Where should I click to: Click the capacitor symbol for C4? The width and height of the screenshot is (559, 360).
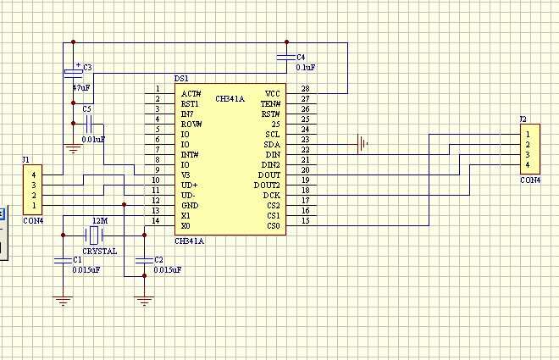286,57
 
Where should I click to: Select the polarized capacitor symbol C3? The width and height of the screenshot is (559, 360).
74,72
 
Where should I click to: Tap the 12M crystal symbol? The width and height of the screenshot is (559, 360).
94,235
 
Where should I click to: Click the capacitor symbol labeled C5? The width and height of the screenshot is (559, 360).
88,124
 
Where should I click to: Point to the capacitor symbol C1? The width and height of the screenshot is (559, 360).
64,261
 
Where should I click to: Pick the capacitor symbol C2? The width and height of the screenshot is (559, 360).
144,261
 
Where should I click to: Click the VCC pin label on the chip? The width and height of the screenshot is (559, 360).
273,94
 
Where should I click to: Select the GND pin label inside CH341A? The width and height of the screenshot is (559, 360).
190,206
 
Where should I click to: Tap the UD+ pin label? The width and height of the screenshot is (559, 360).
190,186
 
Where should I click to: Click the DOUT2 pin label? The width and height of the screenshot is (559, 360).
267,186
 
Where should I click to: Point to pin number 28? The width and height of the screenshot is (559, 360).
305,88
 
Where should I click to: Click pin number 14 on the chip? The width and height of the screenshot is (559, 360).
156,220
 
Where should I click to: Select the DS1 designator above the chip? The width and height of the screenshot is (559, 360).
181,79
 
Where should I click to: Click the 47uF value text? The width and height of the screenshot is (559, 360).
81,87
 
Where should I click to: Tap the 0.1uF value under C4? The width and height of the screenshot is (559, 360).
306,68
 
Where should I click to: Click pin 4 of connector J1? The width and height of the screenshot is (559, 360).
34,175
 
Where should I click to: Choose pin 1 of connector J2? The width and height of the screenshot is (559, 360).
528,135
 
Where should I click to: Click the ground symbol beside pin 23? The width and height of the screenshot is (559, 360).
363,144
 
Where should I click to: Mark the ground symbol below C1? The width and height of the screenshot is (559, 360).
64,302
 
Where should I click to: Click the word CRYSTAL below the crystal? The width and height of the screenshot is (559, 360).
100,252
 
